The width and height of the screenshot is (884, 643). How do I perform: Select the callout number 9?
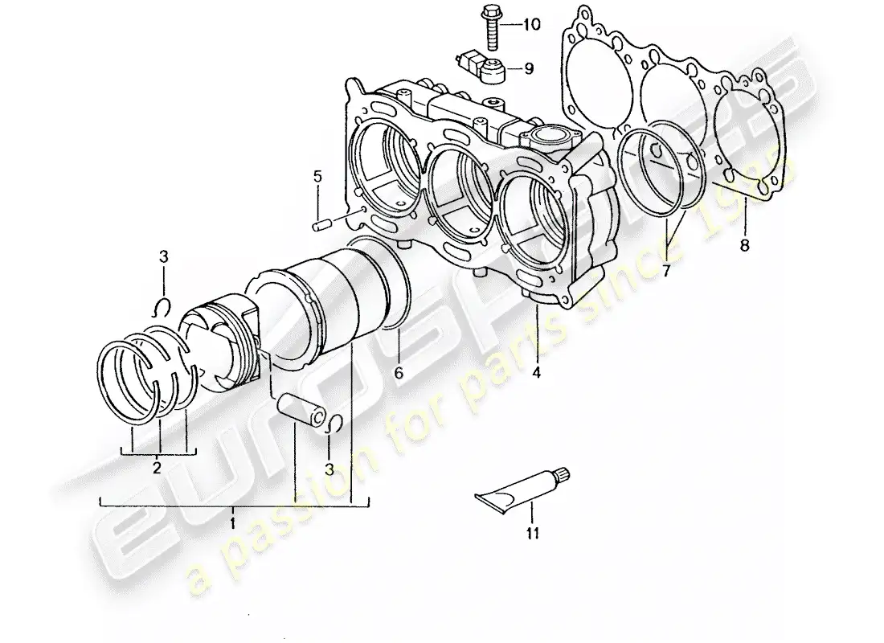coord(529,69)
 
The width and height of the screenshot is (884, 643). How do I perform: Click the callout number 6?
coord(398,373)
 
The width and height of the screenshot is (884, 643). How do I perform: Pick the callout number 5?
coord(317,175)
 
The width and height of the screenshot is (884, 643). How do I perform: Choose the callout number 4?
coord(536,373)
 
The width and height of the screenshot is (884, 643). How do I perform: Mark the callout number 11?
coord(532,532)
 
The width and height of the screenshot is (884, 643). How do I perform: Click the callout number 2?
coord(158,467)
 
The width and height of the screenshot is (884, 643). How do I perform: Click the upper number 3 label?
coord(163,257)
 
